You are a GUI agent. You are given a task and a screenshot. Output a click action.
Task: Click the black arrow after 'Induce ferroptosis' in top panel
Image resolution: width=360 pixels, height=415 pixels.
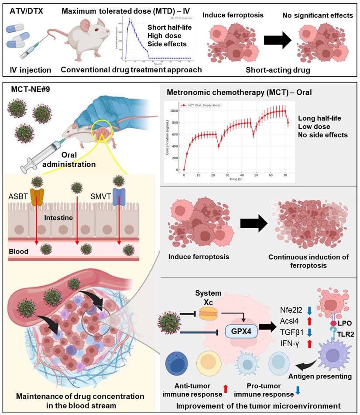coord(278,40)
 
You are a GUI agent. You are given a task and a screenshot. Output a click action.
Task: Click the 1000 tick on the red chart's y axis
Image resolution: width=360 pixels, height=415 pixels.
coord(175,111)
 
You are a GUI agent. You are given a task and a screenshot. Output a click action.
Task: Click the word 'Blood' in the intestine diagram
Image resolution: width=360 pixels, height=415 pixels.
coord(19,251)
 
